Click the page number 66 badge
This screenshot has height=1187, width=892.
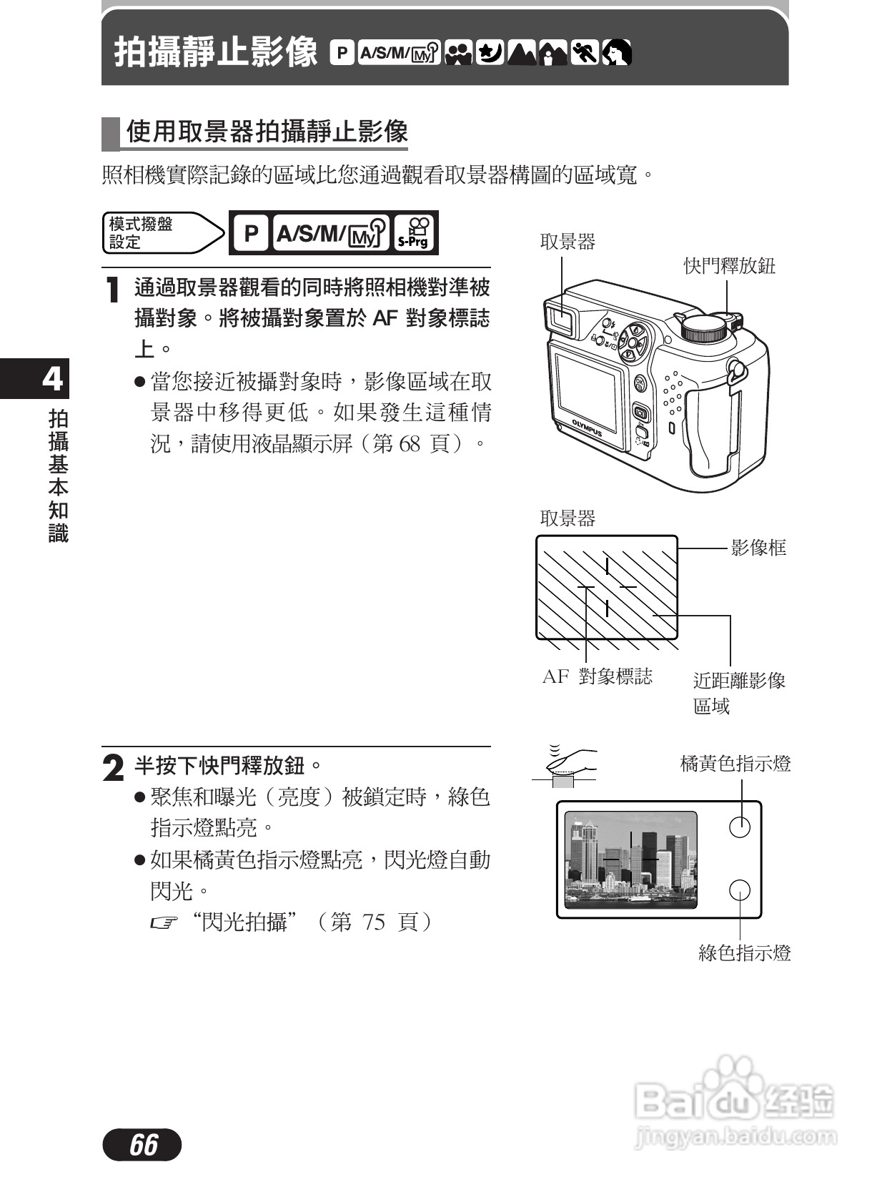point(142,1144)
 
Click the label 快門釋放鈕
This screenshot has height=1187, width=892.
point(729,266)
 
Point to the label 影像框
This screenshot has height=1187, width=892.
point(758,548)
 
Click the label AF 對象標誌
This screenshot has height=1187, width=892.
point(597,676)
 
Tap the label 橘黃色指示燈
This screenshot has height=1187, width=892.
point(735,764)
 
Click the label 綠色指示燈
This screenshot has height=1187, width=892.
point(744,952)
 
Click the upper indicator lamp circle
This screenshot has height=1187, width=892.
point(739,827)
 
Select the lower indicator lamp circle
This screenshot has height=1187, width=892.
point(739,890)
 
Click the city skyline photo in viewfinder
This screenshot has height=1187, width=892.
point(630,860)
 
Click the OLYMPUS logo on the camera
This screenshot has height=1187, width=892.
point(587,427)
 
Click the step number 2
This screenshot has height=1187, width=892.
point(113,769)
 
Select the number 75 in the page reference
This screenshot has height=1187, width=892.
point(373,922)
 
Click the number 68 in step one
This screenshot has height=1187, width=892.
point(409,443)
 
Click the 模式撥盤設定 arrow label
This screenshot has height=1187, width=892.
point(162,233)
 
